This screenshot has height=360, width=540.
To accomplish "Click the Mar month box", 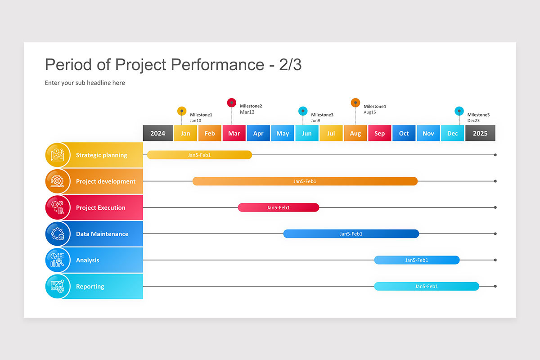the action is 234,133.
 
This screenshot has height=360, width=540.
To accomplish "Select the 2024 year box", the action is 157,133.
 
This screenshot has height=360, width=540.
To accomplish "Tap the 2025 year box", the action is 480,133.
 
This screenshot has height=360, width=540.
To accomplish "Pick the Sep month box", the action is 379,133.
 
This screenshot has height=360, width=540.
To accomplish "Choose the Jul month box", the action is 331,133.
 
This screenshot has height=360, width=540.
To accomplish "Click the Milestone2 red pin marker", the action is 231,103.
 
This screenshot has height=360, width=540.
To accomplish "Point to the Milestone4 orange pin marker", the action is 355,103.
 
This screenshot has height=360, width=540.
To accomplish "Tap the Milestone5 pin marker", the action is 459,111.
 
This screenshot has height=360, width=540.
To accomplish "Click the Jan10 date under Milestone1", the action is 195,121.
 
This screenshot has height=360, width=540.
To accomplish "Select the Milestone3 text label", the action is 322,115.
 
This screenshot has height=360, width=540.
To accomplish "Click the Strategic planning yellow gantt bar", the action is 199,155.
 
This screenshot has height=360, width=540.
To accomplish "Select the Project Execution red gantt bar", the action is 279,207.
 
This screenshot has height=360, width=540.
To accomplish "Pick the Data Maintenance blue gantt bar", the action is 351,234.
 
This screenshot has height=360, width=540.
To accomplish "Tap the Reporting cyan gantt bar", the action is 427,286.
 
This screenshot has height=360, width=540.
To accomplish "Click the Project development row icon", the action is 58,181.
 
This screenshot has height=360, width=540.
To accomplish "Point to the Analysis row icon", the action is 58,260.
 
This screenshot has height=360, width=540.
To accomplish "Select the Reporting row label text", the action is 90,287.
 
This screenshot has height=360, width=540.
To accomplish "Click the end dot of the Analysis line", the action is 495,260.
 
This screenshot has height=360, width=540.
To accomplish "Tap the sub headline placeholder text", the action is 85,83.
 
